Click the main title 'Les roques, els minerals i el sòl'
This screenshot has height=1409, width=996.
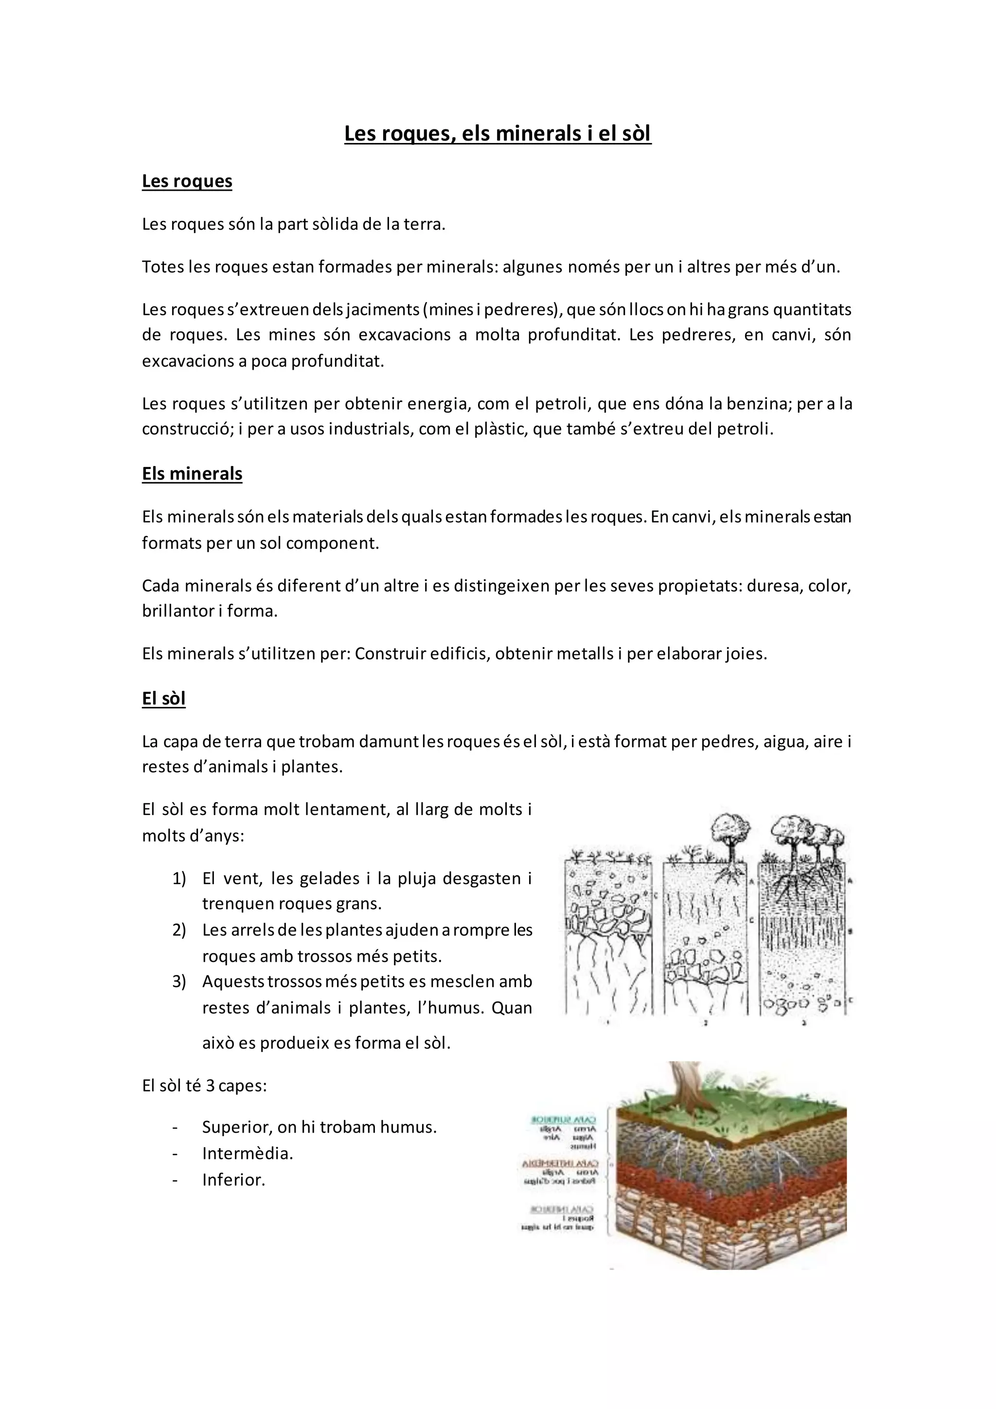498,133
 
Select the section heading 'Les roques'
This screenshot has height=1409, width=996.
187,181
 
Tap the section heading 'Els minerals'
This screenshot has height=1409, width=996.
192,474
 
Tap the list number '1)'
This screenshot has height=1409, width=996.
178,878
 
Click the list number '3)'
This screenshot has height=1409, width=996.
178,981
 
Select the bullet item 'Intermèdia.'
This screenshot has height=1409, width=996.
248,1153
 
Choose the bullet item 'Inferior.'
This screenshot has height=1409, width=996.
233,1179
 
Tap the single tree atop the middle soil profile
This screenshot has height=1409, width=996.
730,834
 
